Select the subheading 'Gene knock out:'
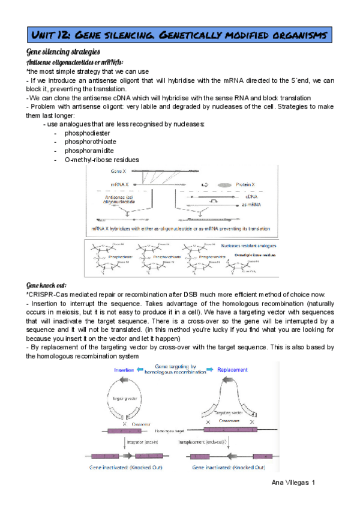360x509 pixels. (47, 285)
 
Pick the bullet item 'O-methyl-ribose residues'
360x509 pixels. (101, 160)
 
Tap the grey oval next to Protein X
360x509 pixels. (224, 184)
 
